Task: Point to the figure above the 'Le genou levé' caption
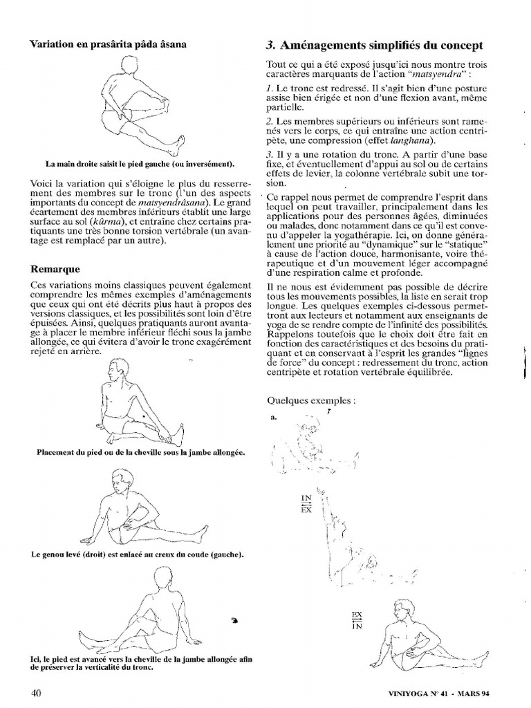tap(142, 508)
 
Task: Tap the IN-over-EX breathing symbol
tap(306, 503)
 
